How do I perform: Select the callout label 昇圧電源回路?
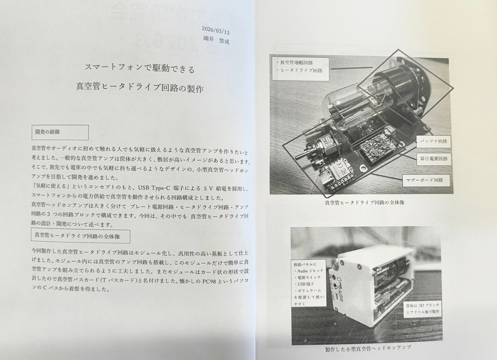pos(435,158)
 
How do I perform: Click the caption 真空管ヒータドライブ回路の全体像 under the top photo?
pos(362,203)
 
